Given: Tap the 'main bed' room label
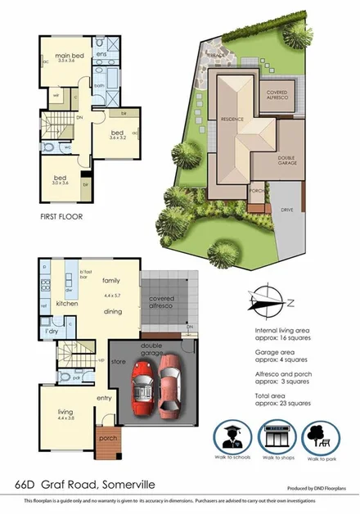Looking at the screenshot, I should pos(60,56).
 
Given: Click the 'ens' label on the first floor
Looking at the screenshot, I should pos(102,54).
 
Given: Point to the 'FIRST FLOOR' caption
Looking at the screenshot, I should pos(61,218).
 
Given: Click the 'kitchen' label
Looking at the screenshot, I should pos(65,303).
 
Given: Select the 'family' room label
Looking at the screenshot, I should pos(110,280).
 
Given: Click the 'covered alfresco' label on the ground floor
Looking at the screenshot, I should pos(163,300).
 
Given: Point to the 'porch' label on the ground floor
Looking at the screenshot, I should pos(108,438).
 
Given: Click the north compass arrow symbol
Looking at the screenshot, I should pos(268,302).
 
